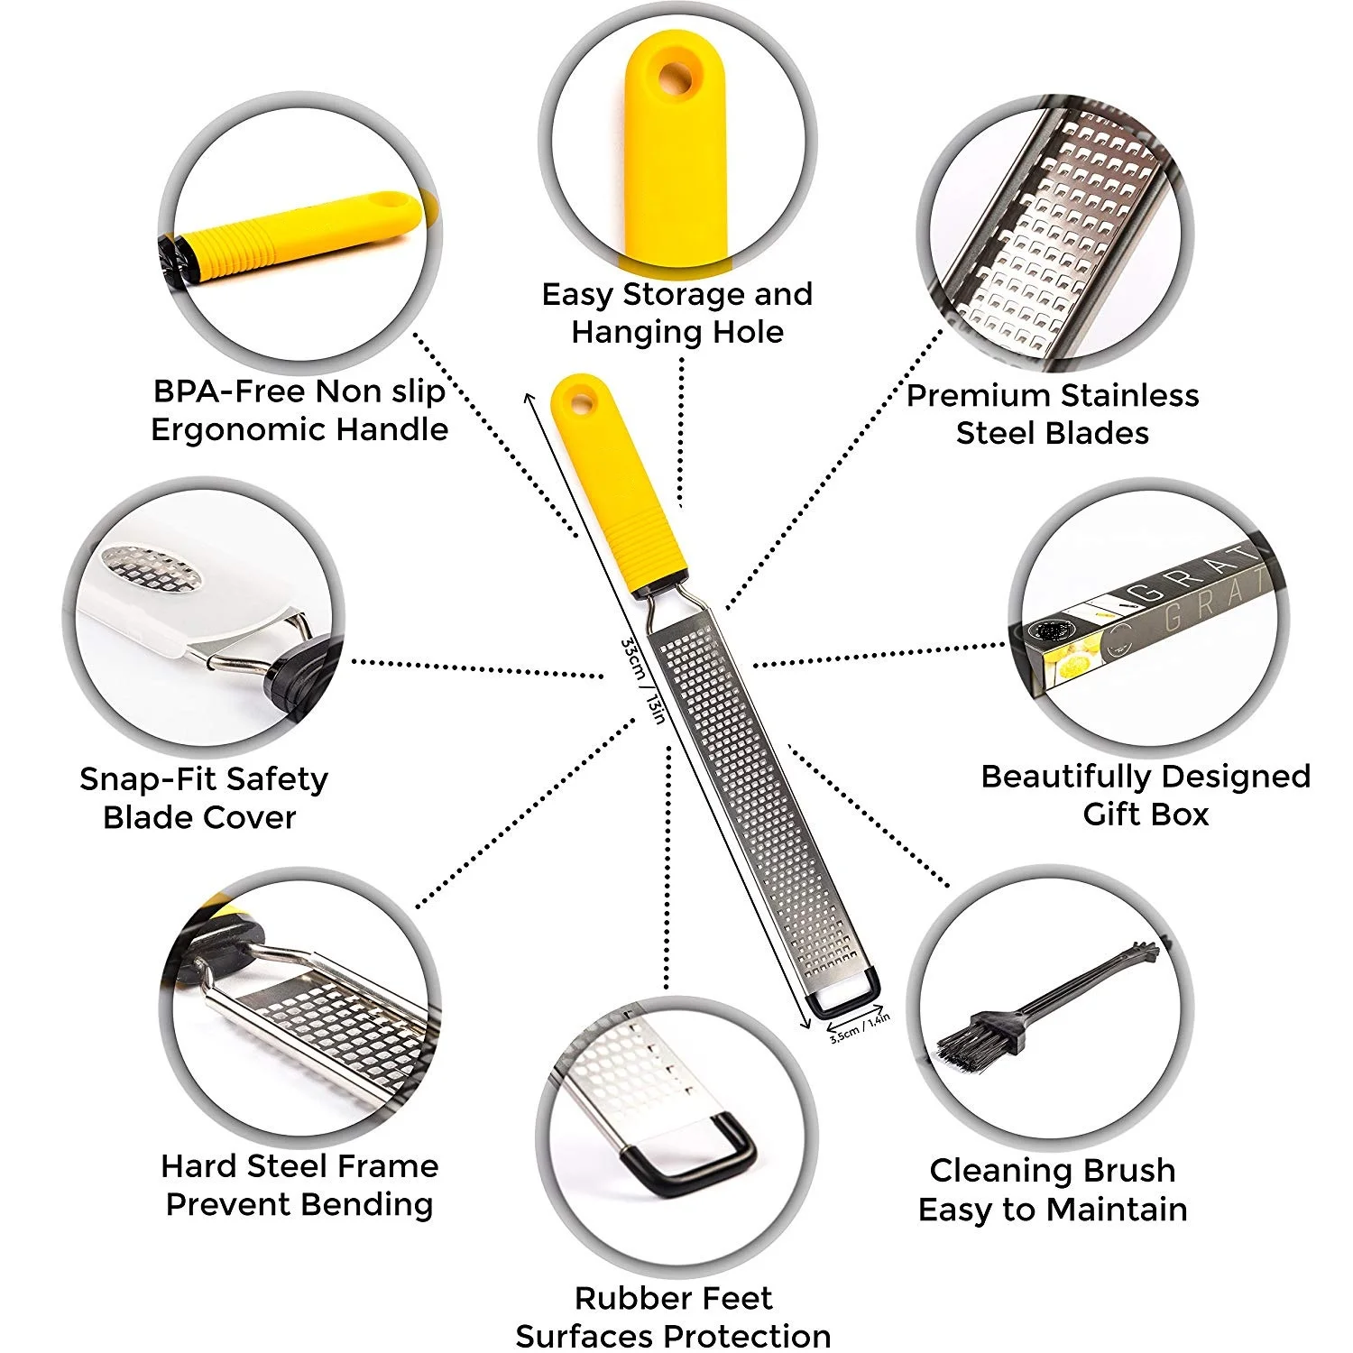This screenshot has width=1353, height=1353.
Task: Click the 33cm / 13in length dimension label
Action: point(642,681)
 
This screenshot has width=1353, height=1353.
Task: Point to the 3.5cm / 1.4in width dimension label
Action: point(860,1027)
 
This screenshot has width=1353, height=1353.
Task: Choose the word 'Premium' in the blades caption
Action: point(978,395)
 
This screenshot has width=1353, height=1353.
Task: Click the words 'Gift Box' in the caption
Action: point(1145,814)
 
